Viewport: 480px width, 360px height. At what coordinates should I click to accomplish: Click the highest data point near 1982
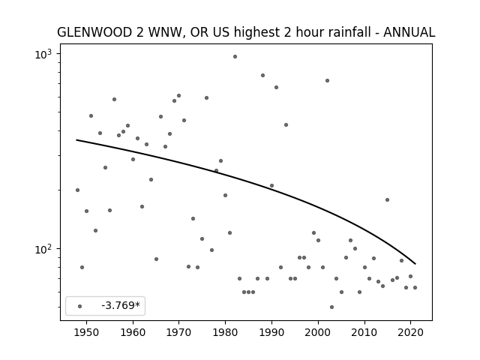coord(235,57)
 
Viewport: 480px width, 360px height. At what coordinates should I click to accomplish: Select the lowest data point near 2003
coord(331,307)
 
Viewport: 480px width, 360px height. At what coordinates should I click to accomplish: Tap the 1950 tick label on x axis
coord(87,333)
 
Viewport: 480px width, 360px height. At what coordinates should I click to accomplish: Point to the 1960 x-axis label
coord(133,333)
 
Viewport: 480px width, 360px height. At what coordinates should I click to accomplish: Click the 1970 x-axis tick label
coord(179,333)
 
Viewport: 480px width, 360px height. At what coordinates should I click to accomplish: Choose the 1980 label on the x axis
coord(225,333)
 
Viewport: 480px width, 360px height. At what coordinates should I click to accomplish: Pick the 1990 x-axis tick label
coord(271,333)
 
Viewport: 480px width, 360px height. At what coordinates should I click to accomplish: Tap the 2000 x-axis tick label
coord(318,333)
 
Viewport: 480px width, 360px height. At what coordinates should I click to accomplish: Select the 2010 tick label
coord(364,333)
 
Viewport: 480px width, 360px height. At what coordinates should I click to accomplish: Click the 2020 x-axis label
coord(410,333)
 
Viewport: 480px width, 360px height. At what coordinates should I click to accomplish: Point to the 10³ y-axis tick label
coord(43,55)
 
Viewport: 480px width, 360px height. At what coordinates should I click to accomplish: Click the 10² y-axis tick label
coord(43,250)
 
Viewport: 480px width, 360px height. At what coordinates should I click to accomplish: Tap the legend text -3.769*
coord(121,305)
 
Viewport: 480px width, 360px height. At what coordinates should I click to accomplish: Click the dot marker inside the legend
coord(80,306)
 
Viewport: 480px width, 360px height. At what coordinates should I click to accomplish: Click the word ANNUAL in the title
coord(409,32)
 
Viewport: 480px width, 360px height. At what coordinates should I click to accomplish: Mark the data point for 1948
coord(77,190)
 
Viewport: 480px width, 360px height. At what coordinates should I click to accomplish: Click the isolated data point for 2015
coord(387,200)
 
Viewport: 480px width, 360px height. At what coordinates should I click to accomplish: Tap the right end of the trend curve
coord(415,264)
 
